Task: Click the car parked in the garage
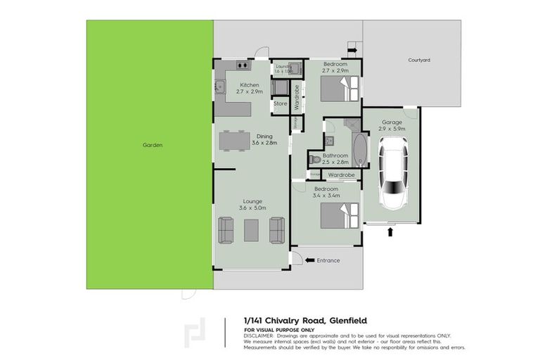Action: tap(392, 171)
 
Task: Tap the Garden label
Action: tap(153, 145)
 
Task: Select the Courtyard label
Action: tap(418, 60)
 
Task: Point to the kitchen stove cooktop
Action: tap(243, 65)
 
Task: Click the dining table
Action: tap(235, 141)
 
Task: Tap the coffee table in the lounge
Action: tap(251, 229)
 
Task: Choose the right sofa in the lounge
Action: tap(276, 229)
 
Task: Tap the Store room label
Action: tap(281, 104)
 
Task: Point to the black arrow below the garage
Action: tap(390, 231)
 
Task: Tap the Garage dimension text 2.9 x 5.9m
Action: tap(392, 129)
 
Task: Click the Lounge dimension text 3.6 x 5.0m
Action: tap(251, 207)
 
